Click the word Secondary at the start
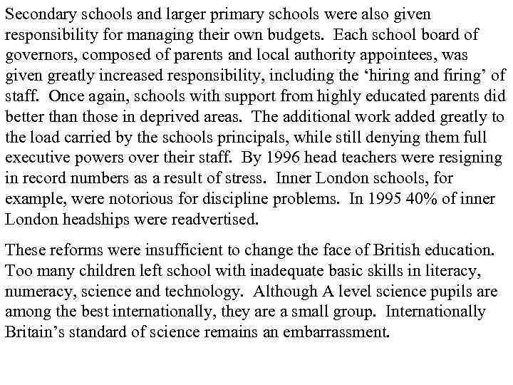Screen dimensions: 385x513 (35, 14)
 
